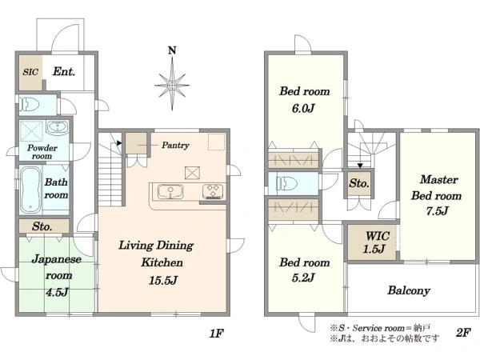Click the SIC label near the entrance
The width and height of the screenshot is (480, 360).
coord(30,72)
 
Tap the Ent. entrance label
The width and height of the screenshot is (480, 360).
coord(64,71)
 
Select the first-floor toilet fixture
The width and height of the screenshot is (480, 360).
coord(30,105)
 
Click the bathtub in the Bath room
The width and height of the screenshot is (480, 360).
coord(31,190)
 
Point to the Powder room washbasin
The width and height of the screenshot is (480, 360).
coord(57,126)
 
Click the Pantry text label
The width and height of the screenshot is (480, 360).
coord(175,145)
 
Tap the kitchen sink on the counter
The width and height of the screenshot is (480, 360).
coord(170,192)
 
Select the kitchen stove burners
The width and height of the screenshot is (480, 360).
coord(214,191)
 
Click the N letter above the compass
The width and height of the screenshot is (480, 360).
coord(172,50)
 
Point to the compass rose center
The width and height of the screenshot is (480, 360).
coord(172,86)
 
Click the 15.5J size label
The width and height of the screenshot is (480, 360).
coord(163,280)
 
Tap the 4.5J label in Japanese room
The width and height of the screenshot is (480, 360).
coord(57,292)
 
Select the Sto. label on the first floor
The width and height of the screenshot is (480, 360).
coord(42,226)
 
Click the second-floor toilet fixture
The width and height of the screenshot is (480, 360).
coord(287,184)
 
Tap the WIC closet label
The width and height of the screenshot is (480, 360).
coord(378,236)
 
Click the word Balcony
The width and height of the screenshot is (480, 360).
coord(409,290)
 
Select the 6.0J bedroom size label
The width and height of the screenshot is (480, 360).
coord(303,108)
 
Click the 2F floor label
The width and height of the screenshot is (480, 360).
coord(463,333)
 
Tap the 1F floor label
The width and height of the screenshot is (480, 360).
coord(217,333)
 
